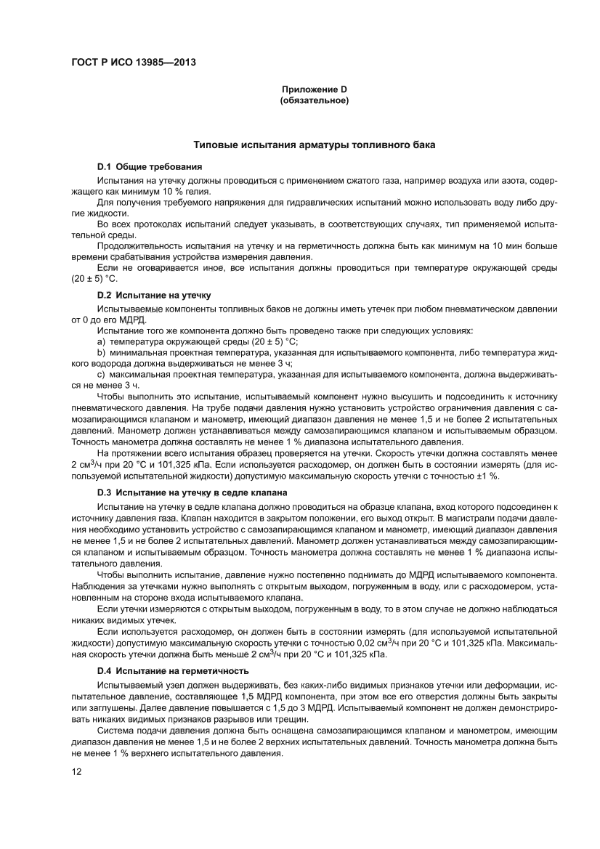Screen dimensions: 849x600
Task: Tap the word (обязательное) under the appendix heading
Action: point(315,100)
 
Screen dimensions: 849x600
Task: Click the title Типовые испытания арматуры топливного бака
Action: point(314,145)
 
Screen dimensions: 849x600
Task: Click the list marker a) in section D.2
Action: point(102,341)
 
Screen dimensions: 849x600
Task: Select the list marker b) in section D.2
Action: point(102,352)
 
